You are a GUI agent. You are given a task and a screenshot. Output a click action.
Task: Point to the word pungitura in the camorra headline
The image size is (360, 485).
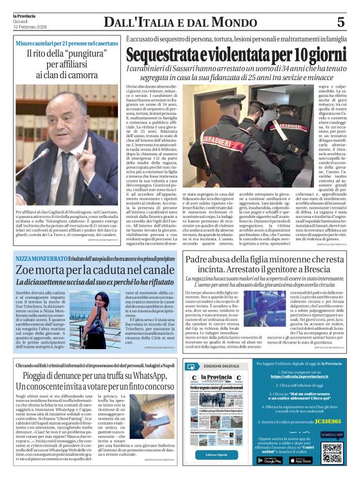[80, 54]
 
